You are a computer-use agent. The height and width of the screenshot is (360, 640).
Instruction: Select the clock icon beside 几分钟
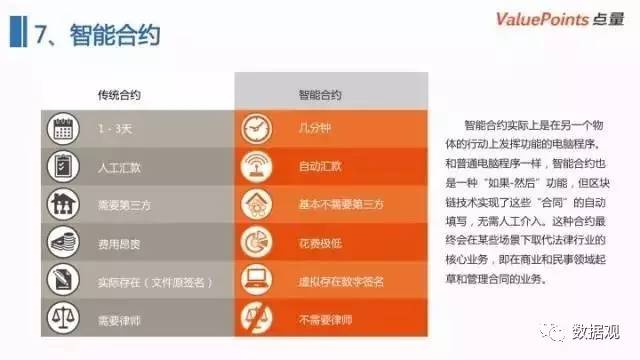(x=257, y=129)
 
